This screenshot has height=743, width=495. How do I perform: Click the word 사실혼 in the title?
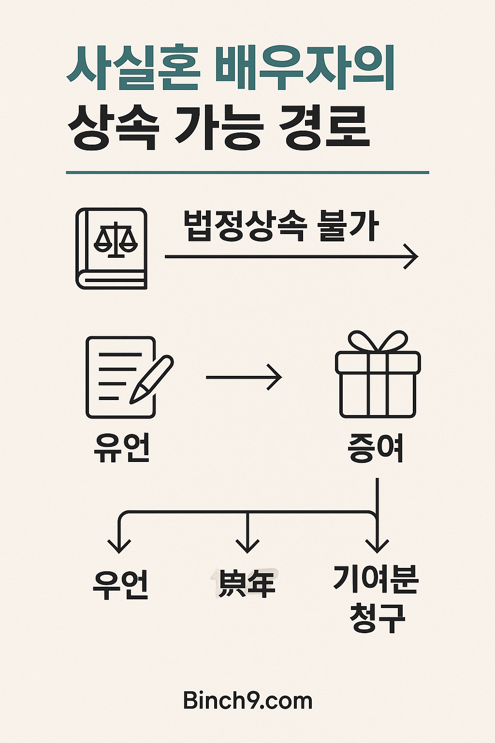[133, 69]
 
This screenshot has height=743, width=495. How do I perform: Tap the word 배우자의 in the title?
[305, 69]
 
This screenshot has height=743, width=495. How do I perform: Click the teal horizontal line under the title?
[247, 172]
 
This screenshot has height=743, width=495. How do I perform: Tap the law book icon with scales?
[112, 249]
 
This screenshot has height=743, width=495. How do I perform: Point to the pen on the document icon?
[151, 380]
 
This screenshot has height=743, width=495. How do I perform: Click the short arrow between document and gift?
[244, 377]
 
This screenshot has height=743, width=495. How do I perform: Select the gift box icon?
[378, 375]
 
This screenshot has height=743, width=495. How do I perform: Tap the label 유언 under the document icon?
[122, 447]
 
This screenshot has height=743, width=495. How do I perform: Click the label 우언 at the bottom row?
[121, 584]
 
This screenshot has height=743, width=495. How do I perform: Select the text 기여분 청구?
[376, 598]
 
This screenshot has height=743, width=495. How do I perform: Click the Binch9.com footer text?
[247, 700]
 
